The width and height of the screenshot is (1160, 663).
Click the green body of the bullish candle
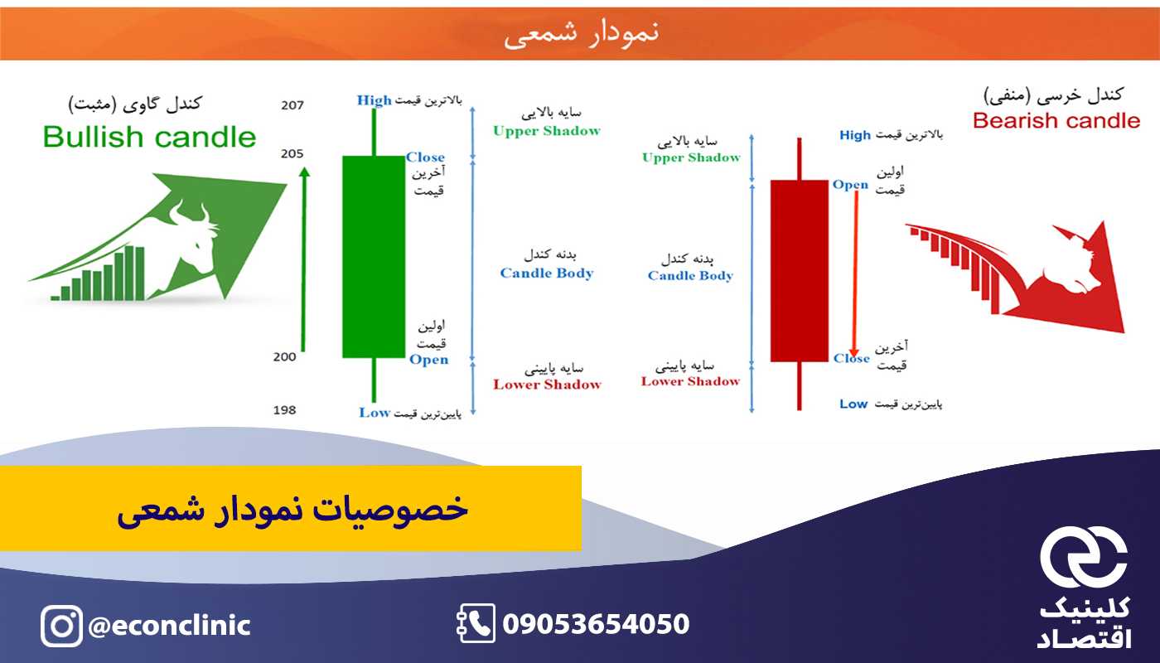[374, 256]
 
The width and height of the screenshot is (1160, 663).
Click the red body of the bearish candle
[799, 271]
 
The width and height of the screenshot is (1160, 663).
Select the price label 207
[292, 105]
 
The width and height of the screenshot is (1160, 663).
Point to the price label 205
[292, 154]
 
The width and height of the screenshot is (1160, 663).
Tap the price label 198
[284, 410]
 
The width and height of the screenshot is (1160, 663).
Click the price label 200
[284, 357]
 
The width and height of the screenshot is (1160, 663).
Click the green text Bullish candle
[149, 138]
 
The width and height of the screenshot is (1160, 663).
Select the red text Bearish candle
[1056, 121]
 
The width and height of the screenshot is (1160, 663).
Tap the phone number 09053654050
[596, 623]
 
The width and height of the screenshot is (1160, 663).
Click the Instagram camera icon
[61, 626]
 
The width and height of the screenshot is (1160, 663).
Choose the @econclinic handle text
[169, 625]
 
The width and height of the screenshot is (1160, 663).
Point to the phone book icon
[476, 623]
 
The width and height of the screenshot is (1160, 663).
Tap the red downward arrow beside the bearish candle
[855, 273]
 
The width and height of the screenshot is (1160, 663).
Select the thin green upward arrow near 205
[304, 259]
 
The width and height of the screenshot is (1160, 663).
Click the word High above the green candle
[374, 100]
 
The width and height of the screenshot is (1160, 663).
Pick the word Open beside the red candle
[850, 185]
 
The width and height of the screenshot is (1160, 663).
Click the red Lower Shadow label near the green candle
[548, 385]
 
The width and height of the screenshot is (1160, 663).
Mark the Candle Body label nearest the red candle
[690, 275]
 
